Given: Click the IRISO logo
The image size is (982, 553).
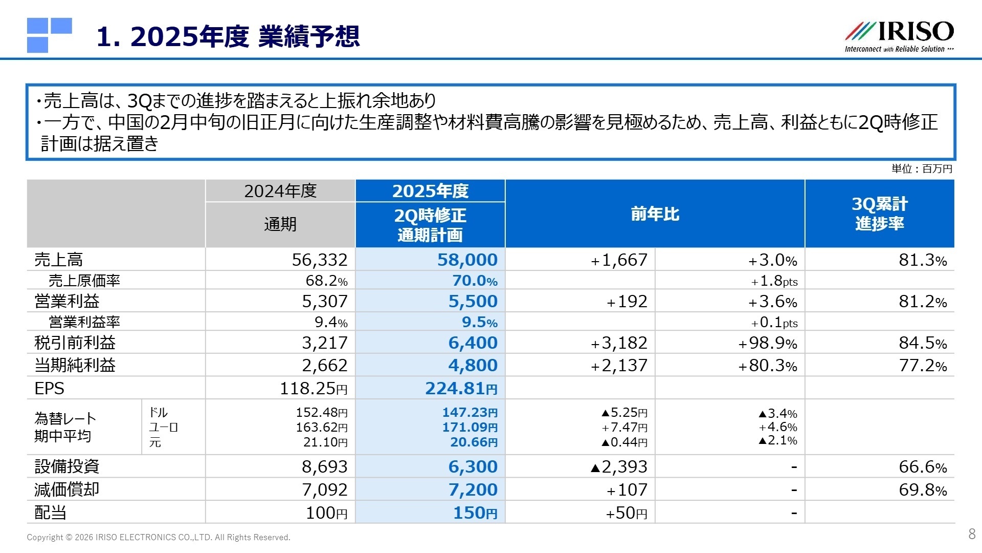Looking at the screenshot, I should tap(899, 36).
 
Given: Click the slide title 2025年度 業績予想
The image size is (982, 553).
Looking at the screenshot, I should tap(228, 37).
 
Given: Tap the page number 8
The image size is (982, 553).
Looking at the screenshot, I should tap(972, 534).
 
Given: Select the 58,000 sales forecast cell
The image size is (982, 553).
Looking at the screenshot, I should tap(467, 260).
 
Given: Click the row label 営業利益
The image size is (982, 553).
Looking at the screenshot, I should tap(67, 301).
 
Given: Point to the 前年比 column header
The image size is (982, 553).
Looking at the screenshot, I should tap(655, 214).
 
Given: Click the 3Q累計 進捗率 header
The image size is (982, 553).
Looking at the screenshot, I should tap(879, 214).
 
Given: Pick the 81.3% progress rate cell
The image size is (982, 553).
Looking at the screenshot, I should tap(923, 260).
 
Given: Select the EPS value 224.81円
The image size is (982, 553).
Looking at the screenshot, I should tap(461, 388).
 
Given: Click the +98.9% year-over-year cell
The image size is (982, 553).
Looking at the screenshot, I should tap(767, 343).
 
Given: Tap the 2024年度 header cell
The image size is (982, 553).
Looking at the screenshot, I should tap(280, 191).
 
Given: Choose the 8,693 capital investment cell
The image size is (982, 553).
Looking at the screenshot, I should tap(324, 466).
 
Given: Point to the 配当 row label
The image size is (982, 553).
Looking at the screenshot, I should tap(51, 512).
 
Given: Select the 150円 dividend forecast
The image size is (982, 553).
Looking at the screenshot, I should tap(475, 513).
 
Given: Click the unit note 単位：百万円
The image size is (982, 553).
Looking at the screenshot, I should tap(922, 169).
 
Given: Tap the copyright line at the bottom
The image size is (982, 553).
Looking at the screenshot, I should tap(159, 537).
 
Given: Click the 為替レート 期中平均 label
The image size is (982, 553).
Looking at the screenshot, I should tap(65, 427).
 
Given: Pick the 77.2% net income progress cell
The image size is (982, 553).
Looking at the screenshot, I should tap(923, 366).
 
